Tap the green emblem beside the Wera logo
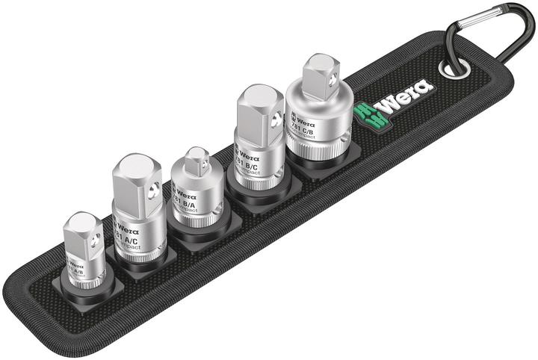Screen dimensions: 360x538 pos(368,111)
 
